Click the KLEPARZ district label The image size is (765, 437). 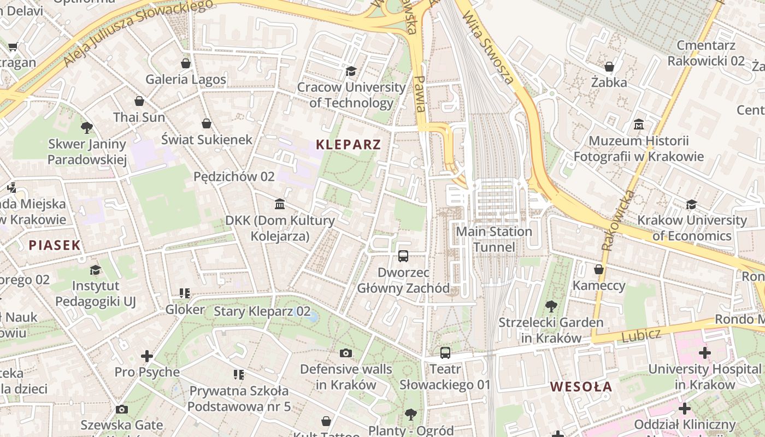click(348, 145)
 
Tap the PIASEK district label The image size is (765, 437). click(55, 245)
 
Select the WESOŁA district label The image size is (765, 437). click(581, 387)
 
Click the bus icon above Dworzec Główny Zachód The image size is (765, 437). click(403, 256)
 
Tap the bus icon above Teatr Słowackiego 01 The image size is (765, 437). click(445, 353)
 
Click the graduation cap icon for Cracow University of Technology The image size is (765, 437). click(351, 71)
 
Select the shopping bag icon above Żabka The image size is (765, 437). click(609, 67)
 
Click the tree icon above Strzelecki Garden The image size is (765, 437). click(551, 306)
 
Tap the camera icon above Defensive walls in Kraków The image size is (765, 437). click(346, 353)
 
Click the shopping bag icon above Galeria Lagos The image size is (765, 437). click(186, 63)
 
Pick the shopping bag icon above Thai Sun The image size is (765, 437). click(139, 101)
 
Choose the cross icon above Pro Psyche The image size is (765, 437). click(147, 356)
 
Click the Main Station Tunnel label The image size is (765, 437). click(494, 239)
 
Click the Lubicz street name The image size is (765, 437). click(641, 335)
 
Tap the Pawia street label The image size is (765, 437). click(419, 93)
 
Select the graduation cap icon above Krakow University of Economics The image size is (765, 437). click(692, 204)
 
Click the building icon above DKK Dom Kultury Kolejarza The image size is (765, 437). click(280, 204)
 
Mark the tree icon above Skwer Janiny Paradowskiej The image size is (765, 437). click(86, 128)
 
